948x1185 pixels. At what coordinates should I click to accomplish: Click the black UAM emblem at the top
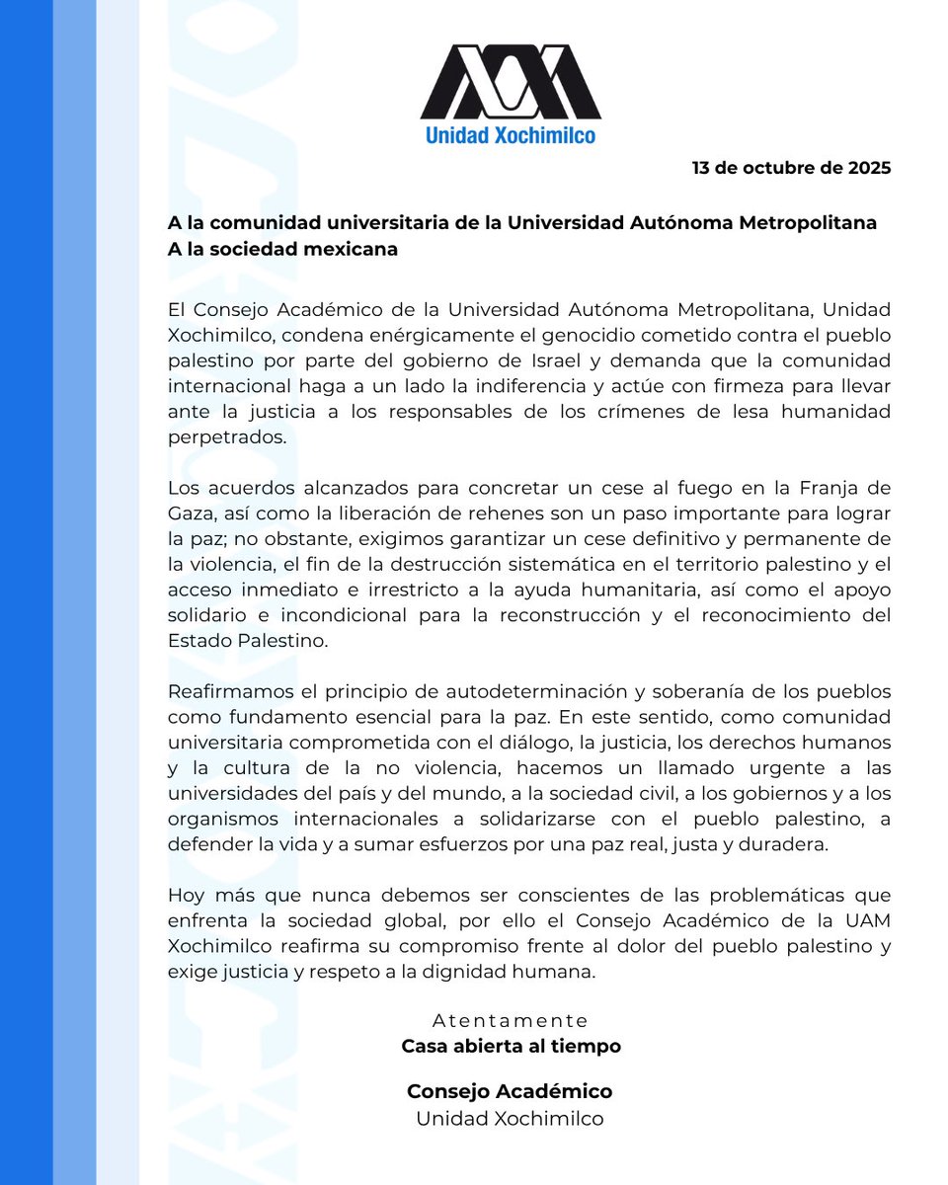coord(511,81)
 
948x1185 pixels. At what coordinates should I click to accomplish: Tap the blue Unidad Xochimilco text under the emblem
coord(511,134)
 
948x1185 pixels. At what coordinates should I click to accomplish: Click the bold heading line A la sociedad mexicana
coord(282,249)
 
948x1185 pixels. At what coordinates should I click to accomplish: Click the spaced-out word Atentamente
coord(511,1020)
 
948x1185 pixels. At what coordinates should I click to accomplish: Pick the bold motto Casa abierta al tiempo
coord(511,1046)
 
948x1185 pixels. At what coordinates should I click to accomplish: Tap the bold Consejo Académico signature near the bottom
coord(510,1092)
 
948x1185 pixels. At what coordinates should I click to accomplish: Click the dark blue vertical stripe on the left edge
coord(26,592)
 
